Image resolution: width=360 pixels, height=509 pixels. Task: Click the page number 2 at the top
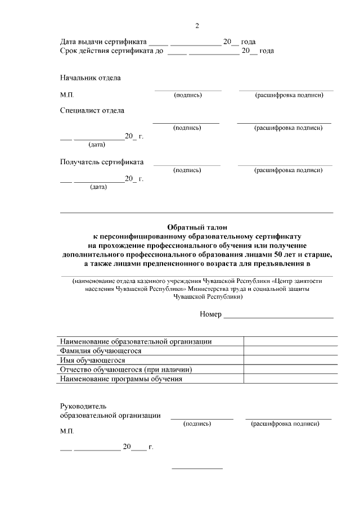[197, 26]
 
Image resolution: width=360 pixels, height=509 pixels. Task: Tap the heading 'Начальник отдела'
[90, 78]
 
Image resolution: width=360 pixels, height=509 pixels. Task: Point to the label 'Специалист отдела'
[92, 111]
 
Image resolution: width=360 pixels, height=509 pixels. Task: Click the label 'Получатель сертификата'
[101, 162]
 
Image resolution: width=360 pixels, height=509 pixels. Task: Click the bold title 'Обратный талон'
[196, 228]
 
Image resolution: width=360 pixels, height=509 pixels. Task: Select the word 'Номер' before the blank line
[210, 314]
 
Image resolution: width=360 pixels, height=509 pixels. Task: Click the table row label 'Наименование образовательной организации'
[136, 341]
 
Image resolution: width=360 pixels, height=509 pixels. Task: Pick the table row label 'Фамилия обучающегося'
[97, 351]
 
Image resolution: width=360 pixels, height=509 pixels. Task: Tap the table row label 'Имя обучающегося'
[92, 360]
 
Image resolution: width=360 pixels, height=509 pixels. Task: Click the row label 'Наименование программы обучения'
[121, 379]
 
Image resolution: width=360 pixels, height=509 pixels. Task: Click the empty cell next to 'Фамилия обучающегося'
[290, 351]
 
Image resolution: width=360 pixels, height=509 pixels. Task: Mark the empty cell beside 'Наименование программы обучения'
[290, 379]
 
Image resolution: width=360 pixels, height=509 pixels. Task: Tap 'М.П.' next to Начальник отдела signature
[67, 95]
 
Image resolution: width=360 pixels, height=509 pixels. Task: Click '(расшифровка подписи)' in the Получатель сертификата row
[288, 170]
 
